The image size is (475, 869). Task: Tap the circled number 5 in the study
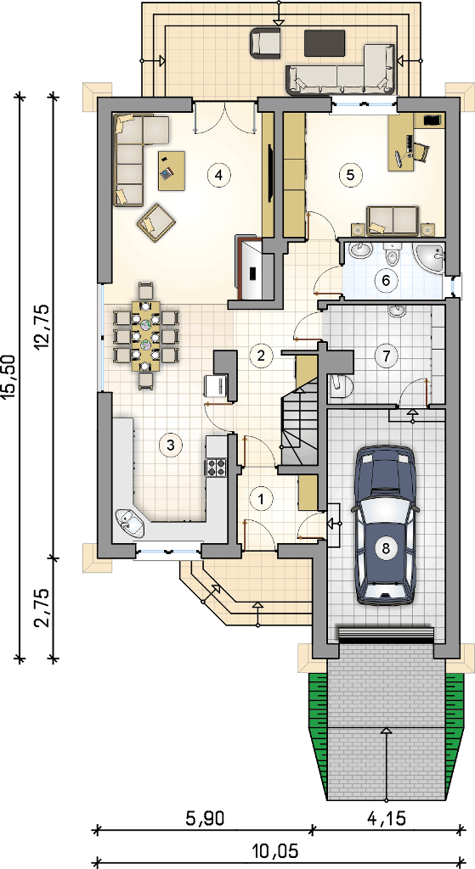349,175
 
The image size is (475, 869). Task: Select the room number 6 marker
387,280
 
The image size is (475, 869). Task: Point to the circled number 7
387,356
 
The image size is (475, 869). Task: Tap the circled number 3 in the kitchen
170,444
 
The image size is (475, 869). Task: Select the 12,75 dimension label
43,327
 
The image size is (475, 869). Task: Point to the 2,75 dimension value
43,608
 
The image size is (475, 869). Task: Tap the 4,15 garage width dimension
387,817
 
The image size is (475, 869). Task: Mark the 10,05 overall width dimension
274,849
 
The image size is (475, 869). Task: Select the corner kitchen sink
129,522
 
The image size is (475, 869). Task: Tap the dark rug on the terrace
325,42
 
